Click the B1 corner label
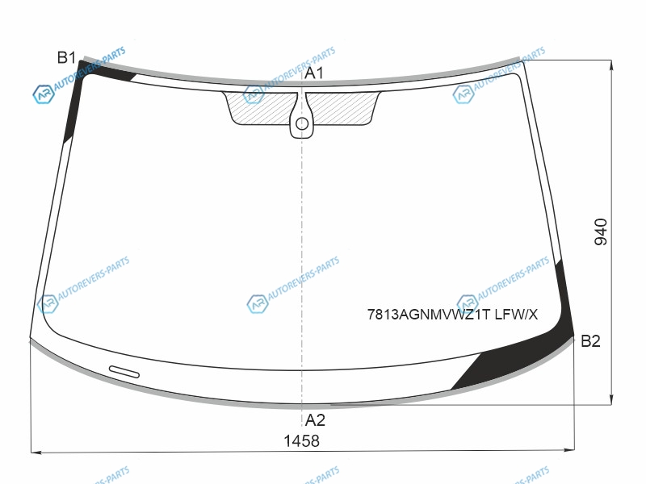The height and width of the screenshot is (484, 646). coord(66,57)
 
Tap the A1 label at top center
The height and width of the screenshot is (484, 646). coord(314,73)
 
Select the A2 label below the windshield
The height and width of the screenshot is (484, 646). coord(315,420)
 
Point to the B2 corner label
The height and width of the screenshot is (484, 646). coord(590,340)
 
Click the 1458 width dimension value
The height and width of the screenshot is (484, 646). coord(301,440)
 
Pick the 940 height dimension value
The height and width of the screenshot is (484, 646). coord(601,232)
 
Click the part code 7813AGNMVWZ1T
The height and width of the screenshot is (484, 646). coord(429,315)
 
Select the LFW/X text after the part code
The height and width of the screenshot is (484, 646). coord(516,315)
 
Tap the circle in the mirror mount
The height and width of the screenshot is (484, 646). coord(302,123)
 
